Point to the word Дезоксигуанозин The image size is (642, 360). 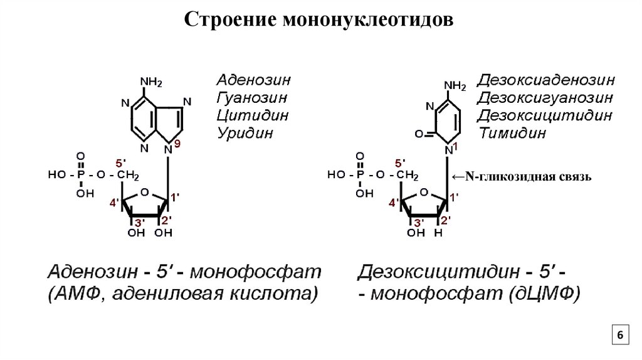click(x=545, y=98)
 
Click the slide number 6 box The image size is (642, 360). click(x=619, y=336)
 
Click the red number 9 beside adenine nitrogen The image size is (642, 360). click(x=177, y=144)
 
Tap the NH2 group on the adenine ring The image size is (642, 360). click(x=151, y=82)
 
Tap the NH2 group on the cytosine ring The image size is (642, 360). click(x=455, y=85)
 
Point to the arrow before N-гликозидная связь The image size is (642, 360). click(x=458, y=177)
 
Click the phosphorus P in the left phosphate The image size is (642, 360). click(x=80, y=174)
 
